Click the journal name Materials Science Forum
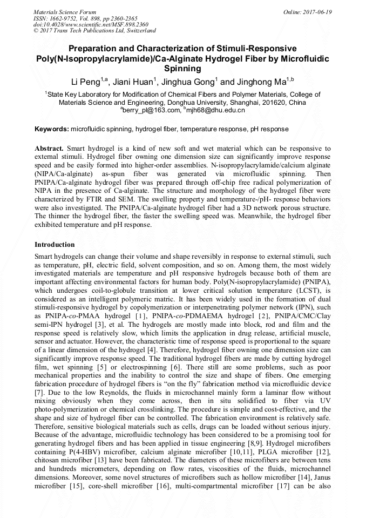(65, 12)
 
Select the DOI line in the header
(91, 25)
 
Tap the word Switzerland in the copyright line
(138, 31)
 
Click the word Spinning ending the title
(182, 69)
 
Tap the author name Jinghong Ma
(259, 82)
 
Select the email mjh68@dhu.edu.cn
(216, 110)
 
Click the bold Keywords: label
(52, 130)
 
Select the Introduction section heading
(55, 245)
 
